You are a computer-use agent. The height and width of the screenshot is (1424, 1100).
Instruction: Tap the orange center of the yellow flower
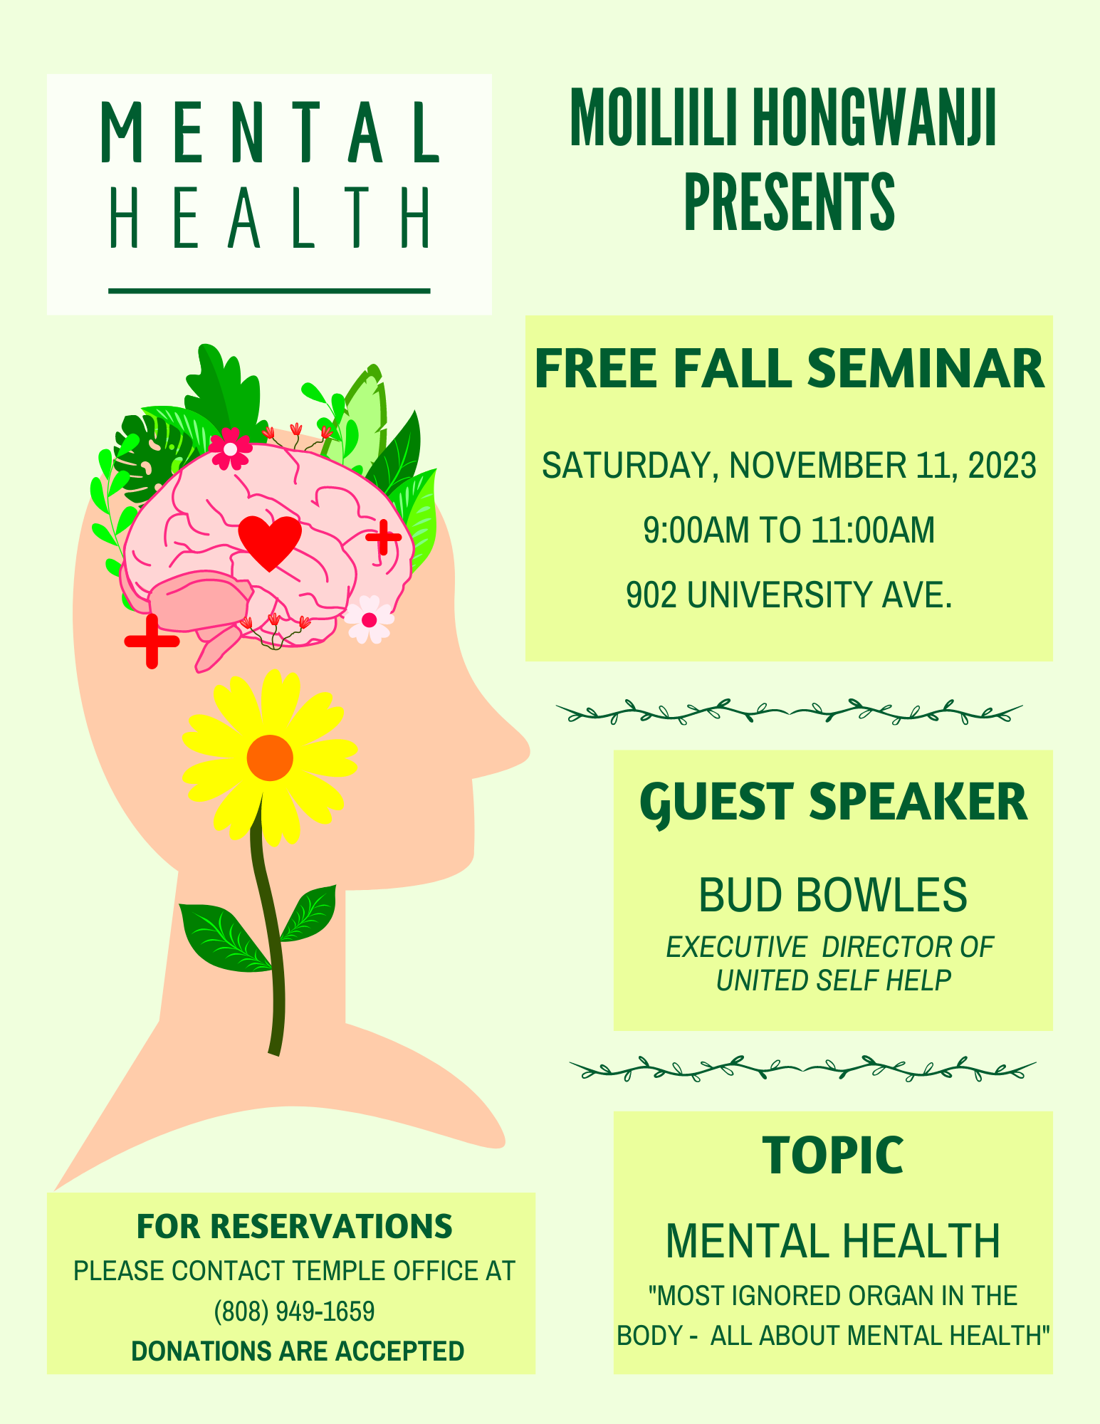(270, 758)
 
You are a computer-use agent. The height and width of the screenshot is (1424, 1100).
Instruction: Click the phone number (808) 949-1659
(295, 1311)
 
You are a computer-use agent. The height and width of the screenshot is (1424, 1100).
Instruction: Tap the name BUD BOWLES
(833, 894)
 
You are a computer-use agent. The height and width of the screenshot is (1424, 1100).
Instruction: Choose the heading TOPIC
(833, 1155)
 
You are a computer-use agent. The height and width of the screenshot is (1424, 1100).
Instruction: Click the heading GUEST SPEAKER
(834, 802)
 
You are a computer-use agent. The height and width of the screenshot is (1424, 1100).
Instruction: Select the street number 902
(652, 595)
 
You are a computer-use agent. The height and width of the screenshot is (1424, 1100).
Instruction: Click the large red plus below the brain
(152, 641)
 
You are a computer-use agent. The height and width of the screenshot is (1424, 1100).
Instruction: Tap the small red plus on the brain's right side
(383, 537)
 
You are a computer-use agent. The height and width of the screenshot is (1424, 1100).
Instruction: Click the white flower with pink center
(369, 619)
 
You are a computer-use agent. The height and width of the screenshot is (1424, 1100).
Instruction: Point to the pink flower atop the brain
(230, 448)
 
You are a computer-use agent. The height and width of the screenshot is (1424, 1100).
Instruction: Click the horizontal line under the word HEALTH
(269, 290)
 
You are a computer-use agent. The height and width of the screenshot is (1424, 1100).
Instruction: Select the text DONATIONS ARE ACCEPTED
(298, 1351)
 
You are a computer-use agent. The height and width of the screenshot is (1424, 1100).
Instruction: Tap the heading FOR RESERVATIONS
(295, 1226)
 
